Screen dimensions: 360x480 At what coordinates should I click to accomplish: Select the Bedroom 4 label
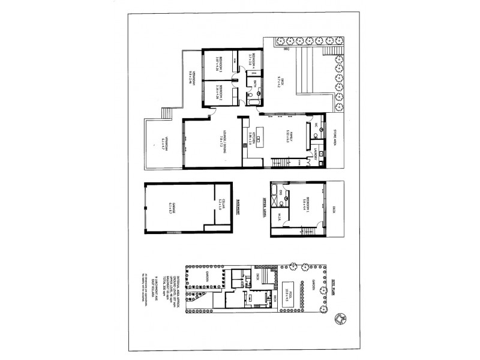[253, 62]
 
